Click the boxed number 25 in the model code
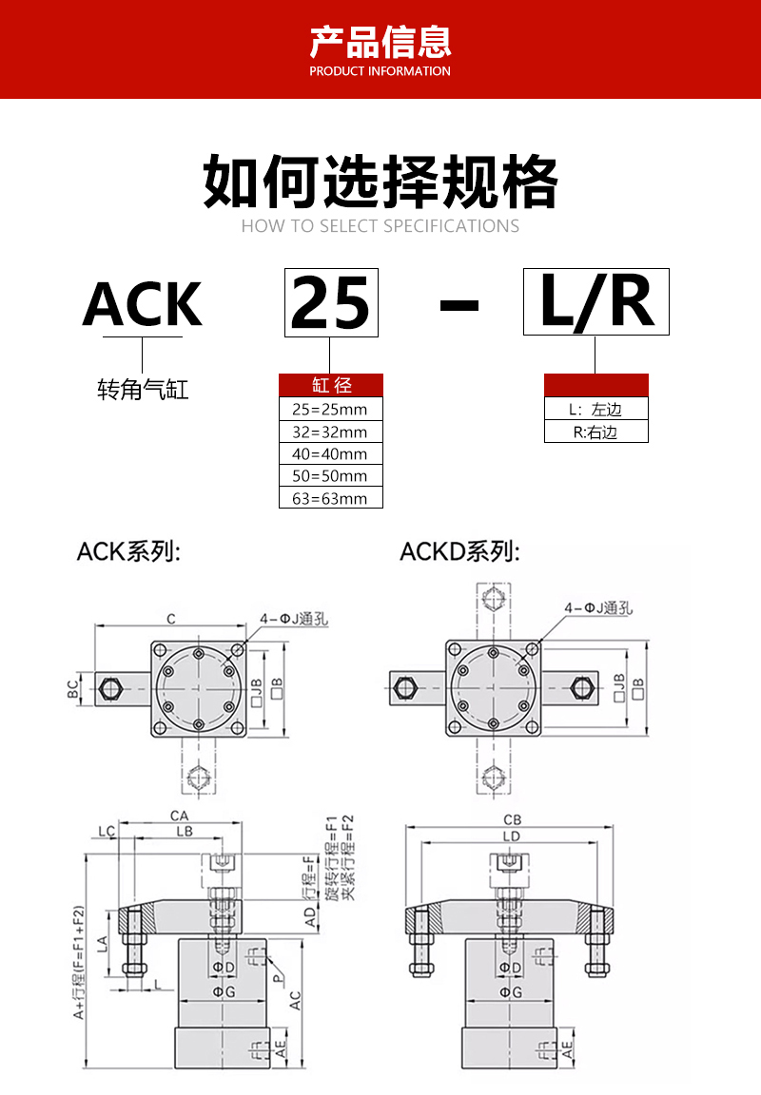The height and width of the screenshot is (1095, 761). pos(331,303)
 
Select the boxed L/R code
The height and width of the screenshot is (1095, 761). pos(596,301)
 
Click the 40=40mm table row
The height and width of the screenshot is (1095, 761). pos(330,454)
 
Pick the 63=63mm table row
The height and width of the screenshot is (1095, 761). pos(330,498)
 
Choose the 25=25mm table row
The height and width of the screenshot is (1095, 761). pos(330,410)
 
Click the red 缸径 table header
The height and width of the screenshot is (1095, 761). pos(331,385)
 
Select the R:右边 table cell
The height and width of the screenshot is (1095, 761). pos(595,432)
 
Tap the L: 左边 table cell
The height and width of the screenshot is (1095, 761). pos(595,410)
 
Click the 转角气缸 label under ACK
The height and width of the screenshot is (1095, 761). pos(143,389)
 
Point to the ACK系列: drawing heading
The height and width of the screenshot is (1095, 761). pos(128,551)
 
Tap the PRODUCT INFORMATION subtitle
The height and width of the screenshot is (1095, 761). pos(380,71)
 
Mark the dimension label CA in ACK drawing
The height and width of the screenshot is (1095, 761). pos(179,816)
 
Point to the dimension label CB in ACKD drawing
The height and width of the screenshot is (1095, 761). pos(512,819)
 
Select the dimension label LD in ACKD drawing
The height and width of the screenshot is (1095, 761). pos(512,836)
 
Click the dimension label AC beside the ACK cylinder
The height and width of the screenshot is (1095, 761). pos(296,1000)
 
